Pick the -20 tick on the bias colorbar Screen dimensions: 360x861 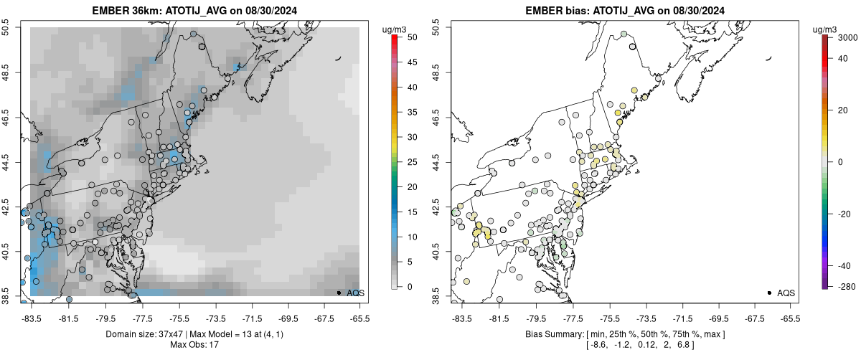[844, 212]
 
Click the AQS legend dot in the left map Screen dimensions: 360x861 [338, 293]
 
